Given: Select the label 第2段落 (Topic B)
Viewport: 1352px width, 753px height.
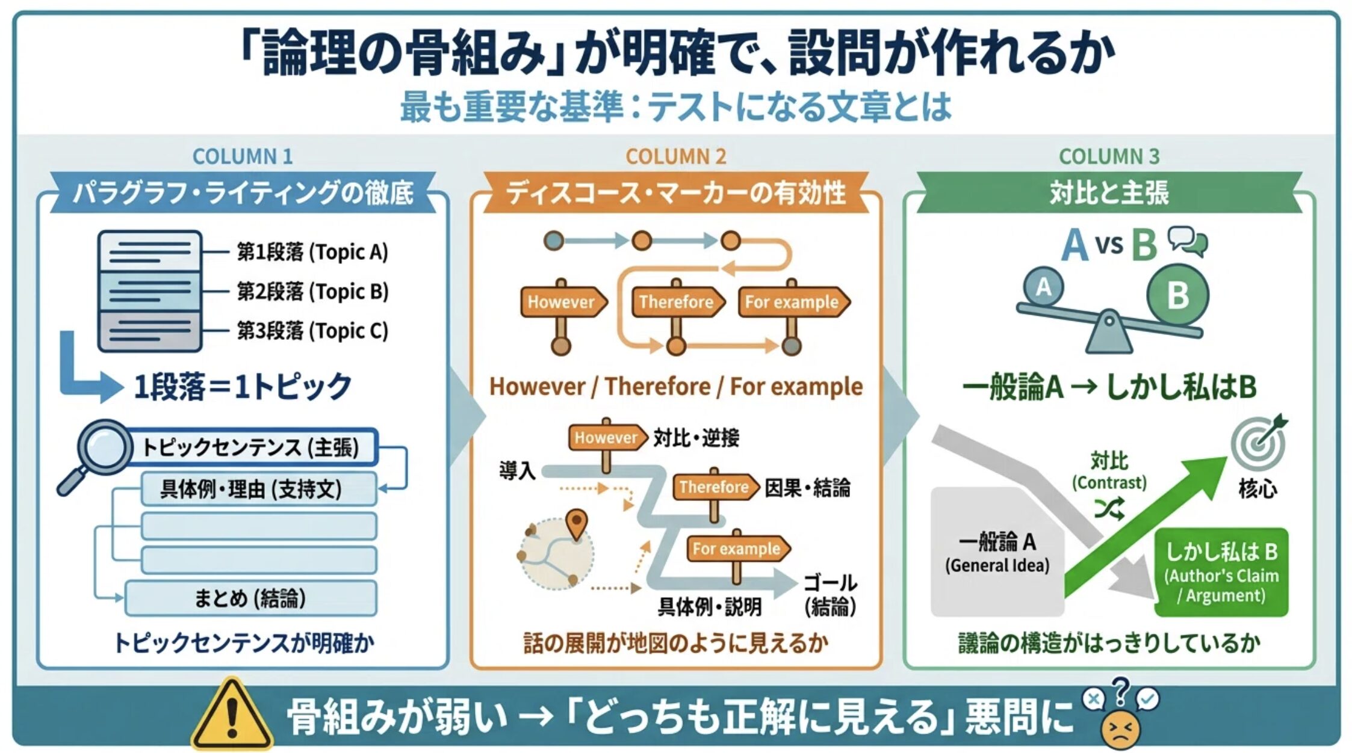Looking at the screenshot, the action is pyautogui.click(x=312, y=292).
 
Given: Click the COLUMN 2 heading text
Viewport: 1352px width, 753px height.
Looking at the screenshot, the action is pyautogui.click(x=675, y=156).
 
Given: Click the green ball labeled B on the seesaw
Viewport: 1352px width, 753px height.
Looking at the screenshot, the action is pyautogui.click(x=1177, y=295).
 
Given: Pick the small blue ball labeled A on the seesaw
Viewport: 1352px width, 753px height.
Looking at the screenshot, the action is pyautogui.click(x=1043, y=287).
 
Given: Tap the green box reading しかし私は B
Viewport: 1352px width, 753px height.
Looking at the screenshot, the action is pyautogui.click(x=1221, y=572).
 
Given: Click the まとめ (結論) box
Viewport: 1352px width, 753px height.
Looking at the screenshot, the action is pyautogui.click(x=250, y=598).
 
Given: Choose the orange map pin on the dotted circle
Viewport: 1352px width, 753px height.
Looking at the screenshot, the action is pyautogui.click(x=577, y=523).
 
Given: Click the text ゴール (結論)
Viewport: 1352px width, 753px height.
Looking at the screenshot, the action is pyautogui.click(x=830, y=594).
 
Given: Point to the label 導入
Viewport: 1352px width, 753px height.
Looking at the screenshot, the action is pyautogui.click(x=517, y=470).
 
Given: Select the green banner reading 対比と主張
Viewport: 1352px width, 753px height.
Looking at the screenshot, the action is pyautogui.click(x=1109, y=193).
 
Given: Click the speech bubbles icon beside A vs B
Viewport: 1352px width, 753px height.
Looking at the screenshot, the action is pyautogui.click(x=1188, y=242).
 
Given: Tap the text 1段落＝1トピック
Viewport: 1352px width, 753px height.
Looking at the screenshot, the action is pyautogui.click(x=243, y=386).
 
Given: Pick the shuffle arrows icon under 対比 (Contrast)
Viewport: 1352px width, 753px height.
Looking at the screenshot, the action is pyautogui.click(x=1109, y=509).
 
